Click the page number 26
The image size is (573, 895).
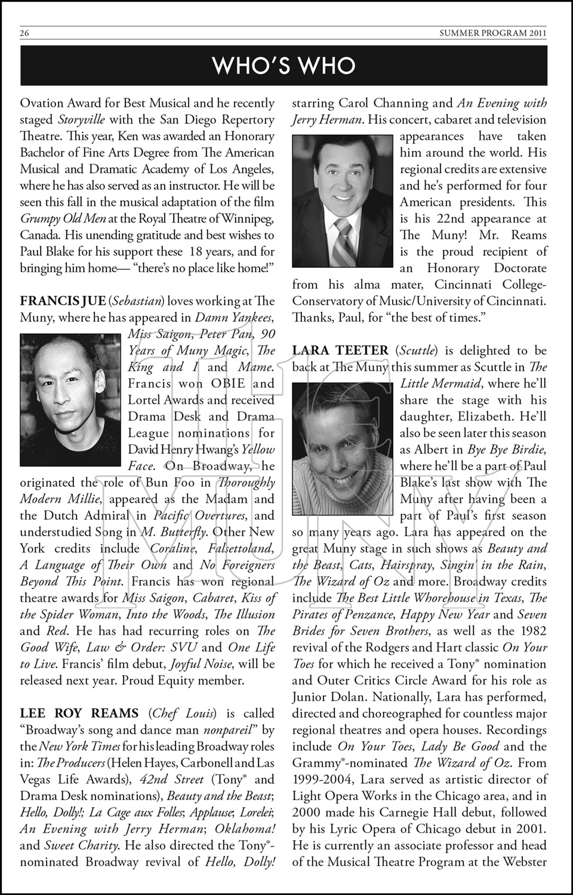[x=24, y=33]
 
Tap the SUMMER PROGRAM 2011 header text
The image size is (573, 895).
[x=493, y=33]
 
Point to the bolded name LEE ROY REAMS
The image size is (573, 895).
[x=79, y=713]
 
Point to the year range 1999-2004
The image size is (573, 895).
[x=324, y=779]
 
